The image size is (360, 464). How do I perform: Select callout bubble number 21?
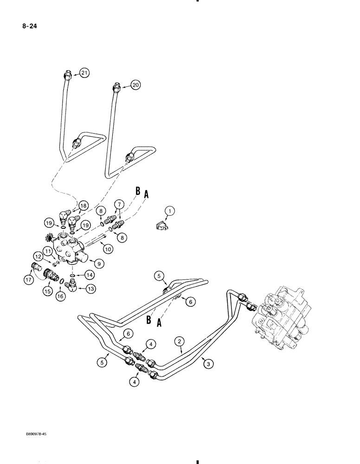tap(84, 72)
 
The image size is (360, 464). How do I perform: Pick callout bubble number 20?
tap(135, 85)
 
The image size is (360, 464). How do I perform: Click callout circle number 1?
tap(170, 212)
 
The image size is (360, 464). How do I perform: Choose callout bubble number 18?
tap(83, 206)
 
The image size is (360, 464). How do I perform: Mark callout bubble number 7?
tap(119, 204)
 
